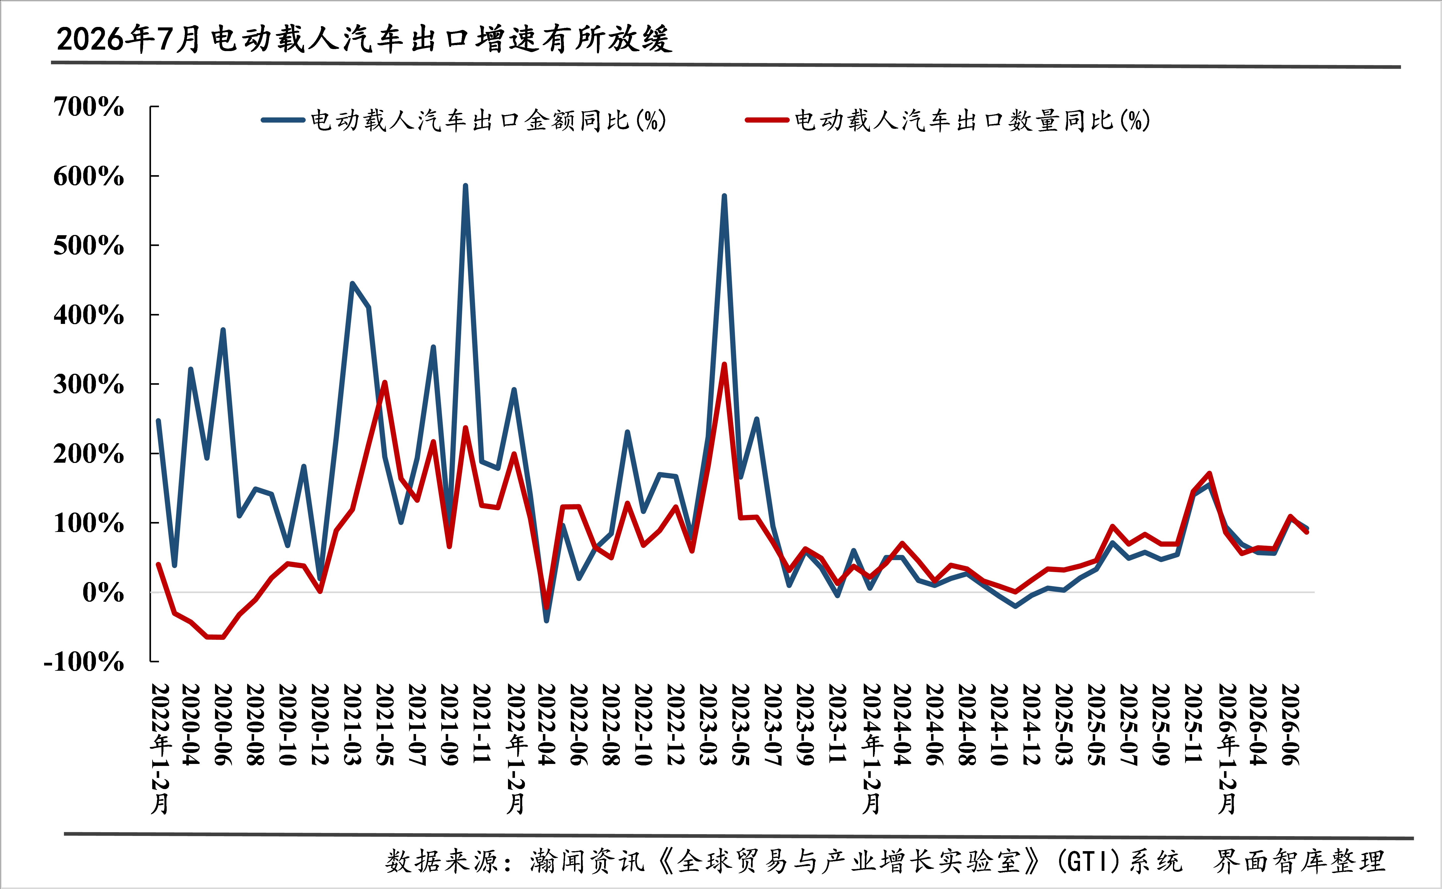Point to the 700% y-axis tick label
(89, 107)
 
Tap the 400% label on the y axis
(89, 315)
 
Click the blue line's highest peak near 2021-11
(466, 186)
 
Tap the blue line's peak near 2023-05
(724, 196)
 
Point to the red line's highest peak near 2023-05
(724, 365)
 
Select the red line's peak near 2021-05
(384, 383)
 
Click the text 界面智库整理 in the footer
(1299, 861)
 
